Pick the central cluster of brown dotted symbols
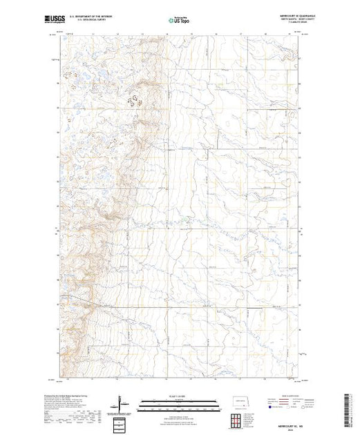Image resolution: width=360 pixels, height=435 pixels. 136,98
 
